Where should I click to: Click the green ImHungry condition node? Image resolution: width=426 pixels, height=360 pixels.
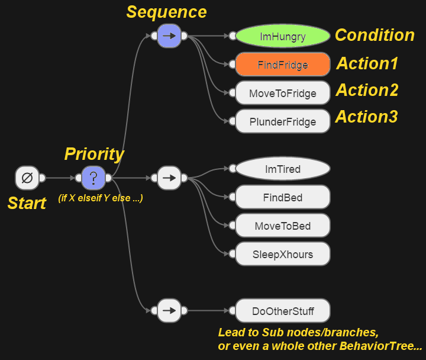point(283,36)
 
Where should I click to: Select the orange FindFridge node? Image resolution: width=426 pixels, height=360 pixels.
point(283,65)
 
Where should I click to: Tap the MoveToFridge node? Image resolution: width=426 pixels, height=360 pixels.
point(283,93)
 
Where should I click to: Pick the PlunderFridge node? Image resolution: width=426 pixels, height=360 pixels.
point(283,121)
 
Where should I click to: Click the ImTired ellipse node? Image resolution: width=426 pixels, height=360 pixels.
point(283,169)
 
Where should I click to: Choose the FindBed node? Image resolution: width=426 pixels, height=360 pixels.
point(283,197)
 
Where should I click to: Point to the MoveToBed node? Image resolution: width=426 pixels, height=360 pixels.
point(283,226)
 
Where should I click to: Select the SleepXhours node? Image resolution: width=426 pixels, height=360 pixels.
point(283,254)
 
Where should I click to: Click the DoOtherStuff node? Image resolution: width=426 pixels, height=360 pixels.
point(283,310)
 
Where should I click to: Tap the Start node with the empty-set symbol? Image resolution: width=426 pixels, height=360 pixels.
point(27,178)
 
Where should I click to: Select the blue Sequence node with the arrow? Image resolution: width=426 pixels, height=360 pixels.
point(169,36)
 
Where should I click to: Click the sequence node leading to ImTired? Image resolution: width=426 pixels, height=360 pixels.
point(169,178)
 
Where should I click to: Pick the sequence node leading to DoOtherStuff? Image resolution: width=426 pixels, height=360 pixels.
point(169,310)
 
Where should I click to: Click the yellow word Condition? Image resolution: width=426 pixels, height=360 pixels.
point(375,35)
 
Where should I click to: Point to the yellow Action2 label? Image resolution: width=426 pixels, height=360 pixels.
point(367,91)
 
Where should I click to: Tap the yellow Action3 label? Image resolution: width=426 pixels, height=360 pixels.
point(366,117)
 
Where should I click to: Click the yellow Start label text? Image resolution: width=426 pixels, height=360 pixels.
point(27,203)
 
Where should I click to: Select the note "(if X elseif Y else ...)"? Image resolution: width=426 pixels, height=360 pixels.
point(100,198)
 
